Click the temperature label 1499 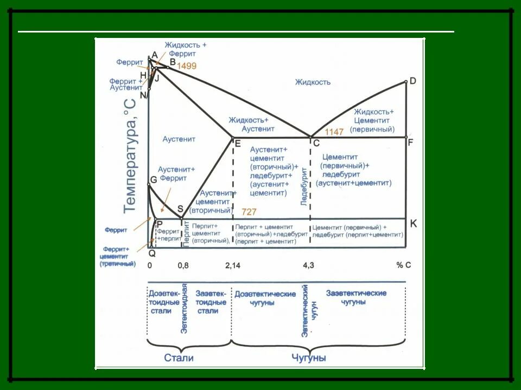click(x=186, y=66)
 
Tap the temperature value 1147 click(x=334, y=132)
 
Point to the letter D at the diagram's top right click(x=413, y=81)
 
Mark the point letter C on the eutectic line click(x=316, y=144)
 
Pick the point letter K click(x=413, y=223)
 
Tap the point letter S click(x=180, y=210)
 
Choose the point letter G click(x=154, y=179)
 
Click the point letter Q click(x=152, y=253)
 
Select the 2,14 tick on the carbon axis click(x=232, y=265)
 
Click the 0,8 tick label click(x=183, y=265)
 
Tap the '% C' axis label click(x=404, y=265)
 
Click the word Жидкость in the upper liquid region click(x=313, y=82)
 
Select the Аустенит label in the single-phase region click(x=179, y=139)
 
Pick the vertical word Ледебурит click(x=304, y=186)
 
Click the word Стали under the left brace click(x=179, y=358)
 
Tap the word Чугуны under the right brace click(x=308, y=358)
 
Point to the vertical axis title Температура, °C click(x=130, y=155)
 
